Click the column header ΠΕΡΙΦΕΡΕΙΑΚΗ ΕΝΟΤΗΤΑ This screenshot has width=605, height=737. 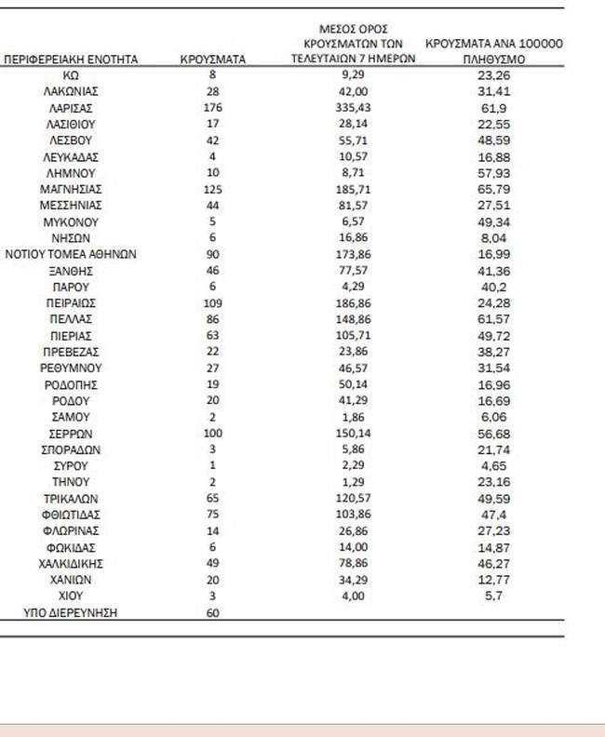pos(71,59)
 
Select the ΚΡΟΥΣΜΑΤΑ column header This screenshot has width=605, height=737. pos(212,59)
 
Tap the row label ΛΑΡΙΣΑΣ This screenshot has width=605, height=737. pos(71,107)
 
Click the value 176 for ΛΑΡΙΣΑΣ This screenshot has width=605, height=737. pos(212,107)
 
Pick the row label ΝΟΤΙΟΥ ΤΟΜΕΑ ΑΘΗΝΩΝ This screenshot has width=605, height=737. pos(71,254)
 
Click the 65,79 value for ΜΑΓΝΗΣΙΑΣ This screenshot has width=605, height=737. pos(493,189)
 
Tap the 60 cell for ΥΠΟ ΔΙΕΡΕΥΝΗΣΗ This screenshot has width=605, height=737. pos(212,612)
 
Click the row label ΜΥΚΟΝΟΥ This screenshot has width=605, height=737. pos(71,221)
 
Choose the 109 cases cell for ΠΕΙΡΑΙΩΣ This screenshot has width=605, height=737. pos(212,303)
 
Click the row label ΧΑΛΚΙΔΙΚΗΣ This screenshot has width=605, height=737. pos(71,564)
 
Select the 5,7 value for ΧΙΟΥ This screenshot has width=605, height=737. pos(493,596)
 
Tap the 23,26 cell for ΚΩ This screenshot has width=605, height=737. pos(493,74)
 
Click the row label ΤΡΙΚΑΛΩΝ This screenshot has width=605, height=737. pos(71,499)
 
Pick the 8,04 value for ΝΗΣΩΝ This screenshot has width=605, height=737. pos(493,238)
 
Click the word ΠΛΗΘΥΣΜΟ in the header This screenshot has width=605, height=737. pos(493,59)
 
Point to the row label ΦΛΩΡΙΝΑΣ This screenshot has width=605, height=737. pos(71,531)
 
